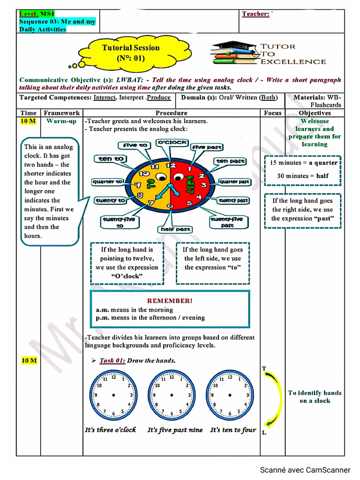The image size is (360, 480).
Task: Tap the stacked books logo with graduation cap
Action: click(x=235, y=53)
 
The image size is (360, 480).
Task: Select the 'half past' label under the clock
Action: click(x=176, y=229)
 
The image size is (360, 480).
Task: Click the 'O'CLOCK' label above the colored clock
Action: click(x=172, y=142)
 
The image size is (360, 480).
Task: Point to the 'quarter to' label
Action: click(x=107, y=181)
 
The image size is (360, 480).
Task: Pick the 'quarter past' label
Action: click(x=235, y=182)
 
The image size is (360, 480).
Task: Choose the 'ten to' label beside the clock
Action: click(x=111, y=159)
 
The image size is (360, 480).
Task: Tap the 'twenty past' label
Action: click(x=233, y=201)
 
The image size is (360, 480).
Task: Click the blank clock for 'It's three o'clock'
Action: click(x=113, y=395)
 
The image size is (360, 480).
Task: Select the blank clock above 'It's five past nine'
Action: click(x=172, y=395)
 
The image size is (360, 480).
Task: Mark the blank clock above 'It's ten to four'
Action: click(x=230, y=395)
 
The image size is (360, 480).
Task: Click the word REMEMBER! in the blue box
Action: click(x=170, y=300)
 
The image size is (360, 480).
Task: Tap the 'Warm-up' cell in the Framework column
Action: click(x=61, y=121)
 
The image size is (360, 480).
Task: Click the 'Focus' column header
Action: click(x=272, y=113)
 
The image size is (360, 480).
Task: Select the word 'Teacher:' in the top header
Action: click(x=255, y=14)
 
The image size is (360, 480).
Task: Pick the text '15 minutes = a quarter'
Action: click(x=303, y=163)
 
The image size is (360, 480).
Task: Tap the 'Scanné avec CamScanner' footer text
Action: click(x=305, y=470)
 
